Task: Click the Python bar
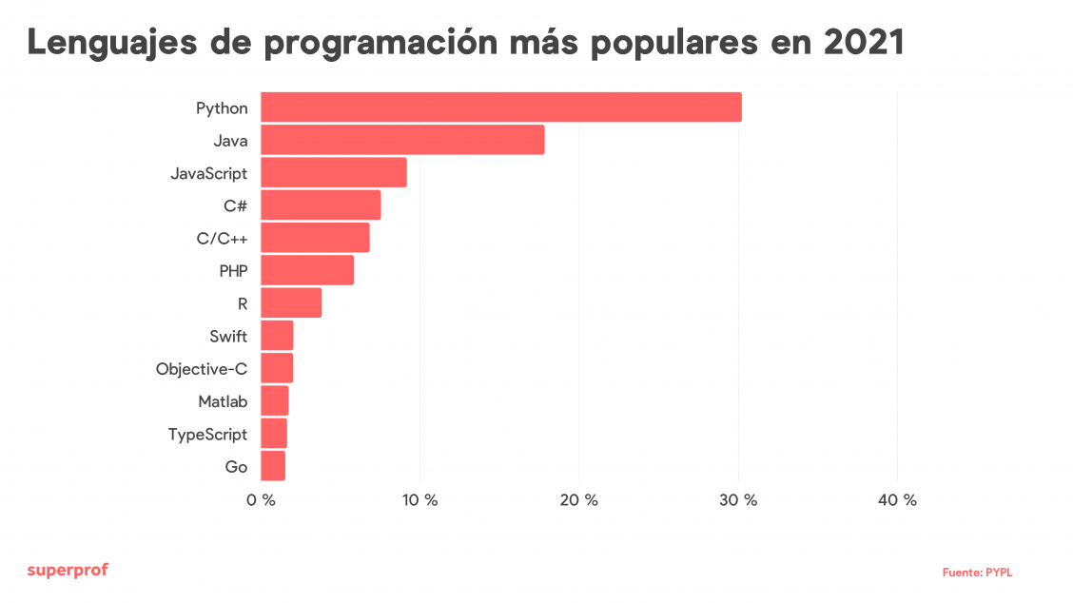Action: (500, 107)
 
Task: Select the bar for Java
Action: (402, 140)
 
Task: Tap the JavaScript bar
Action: (333, 172)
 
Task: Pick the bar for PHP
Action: (307, 270)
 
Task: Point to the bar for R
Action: (291, 302)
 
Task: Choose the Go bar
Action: (273, 466)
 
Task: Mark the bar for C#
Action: (321, 204)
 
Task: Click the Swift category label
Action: (228, 336)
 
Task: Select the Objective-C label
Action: (202, 369)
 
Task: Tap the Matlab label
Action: (223, 401)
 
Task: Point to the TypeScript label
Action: (207, 435)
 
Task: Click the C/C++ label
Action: (222, 238)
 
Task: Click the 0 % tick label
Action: (261, 500)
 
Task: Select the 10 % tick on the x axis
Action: (419, 500)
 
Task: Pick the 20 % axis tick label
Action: (579, 500)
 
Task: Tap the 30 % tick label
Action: (738, 500)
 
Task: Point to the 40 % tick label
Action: (897, 500)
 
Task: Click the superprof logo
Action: (68, 570)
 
